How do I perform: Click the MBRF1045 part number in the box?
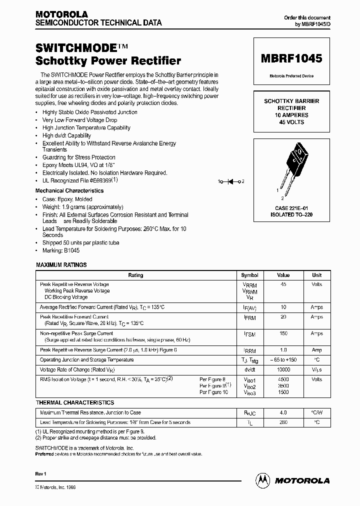291,58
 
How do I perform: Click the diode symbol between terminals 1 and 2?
231,181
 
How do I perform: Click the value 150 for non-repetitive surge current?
283,333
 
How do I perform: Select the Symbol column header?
249,275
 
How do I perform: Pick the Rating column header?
135,275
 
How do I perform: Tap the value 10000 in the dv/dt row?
283,369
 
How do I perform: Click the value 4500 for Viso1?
283,379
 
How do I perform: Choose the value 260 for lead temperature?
283,422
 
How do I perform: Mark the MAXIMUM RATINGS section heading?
61,265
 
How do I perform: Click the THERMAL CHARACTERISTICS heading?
74,402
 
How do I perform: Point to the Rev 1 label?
40,473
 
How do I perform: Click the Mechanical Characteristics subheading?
69,190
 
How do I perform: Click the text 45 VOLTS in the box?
291,122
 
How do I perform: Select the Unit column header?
316,275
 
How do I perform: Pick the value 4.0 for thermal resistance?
283,413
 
